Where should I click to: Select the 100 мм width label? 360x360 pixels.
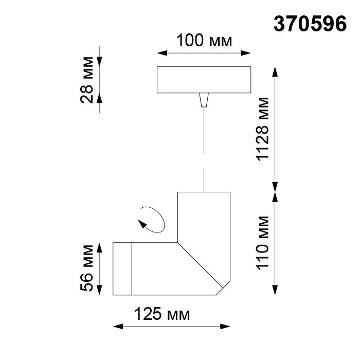[x=204, y=41]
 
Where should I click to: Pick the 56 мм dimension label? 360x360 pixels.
[x=87, y=268]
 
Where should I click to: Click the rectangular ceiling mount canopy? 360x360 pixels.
[x=204, y=80]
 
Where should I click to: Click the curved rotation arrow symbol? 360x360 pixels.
[x=152, y=220]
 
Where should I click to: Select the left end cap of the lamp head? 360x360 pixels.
[x=122, y=268]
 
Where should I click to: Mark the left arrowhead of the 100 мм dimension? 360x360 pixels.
[x=159, y=52]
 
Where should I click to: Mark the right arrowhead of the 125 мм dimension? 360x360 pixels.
[x=226, y=326]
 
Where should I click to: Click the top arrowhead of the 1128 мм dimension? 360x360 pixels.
[x=276, y=70]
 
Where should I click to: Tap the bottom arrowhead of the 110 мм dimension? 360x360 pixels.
[x=276, y=292]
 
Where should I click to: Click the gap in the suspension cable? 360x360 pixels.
[x=204, y=160]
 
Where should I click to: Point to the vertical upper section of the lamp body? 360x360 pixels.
[x=203, y=216]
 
